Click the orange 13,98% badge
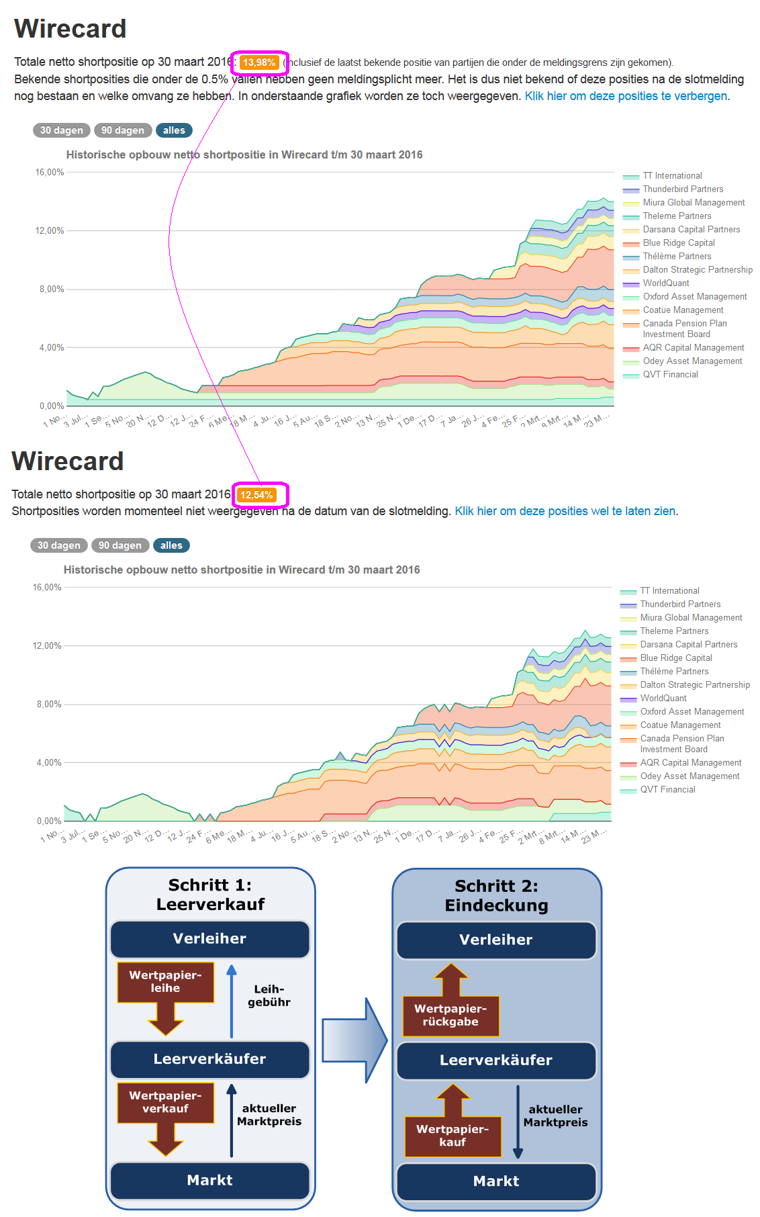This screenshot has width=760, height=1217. coord(259,62)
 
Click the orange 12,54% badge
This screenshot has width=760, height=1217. coord(256,495)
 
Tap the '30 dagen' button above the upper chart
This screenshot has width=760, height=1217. coord(61,130)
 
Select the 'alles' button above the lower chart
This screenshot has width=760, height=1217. coord(171,545)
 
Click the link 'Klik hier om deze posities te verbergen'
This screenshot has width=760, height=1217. coord(626,96)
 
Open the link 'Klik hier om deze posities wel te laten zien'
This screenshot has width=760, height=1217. coord(565,511)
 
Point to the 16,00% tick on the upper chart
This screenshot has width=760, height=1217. coord(50,173)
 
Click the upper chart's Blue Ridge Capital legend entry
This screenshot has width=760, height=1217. coord(678,243)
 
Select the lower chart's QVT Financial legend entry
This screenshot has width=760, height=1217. coord(667,790)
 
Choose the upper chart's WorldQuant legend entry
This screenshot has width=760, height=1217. coord(665,283)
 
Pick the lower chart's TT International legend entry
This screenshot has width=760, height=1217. coord(669,591)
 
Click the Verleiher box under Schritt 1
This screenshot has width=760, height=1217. coord(209,939)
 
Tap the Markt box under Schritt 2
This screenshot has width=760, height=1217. coord(496,1181)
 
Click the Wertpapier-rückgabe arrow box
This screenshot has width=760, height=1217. coord(450,1014)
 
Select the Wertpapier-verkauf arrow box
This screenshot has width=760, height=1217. coord(165,1102)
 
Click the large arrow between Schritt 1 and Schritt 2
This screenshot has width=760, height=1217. coord(354,1040)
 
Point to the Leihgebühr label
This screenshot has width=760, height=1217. coord(269,995)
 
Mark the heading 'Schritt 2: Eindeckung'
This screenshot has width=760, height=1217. coord(496,896)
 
